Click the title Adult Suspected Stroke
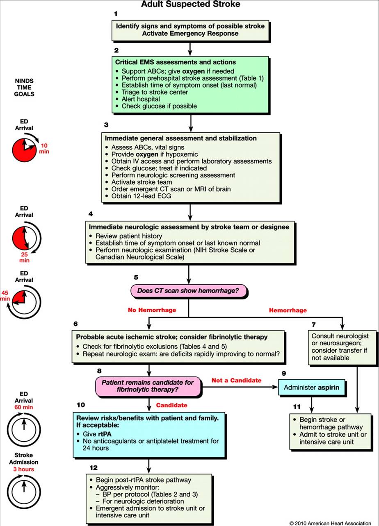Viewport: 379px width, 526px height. coord(190,5)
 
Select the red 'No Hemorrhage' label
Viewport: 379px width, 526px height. coord(152,310)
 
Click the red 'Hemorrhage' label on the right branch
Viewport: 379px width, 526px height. coord(288,310)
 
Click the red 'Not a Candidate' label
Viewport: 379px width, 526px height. coord(236,380)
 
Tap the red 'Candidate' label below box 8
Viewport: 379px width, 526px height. coord(171,405)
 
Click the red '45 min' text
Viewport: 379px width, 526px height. coord(5,296)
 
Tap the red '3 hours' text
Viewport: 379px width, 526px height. coord(24,469)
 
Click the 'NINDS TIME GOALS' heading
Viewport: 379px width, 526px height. coord(24,87)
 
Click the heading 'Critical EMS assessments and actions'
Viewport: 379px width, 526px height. coord(175,62)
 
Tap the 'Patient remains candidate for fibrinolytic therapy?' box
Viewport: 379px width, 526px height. coord(148,386)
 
